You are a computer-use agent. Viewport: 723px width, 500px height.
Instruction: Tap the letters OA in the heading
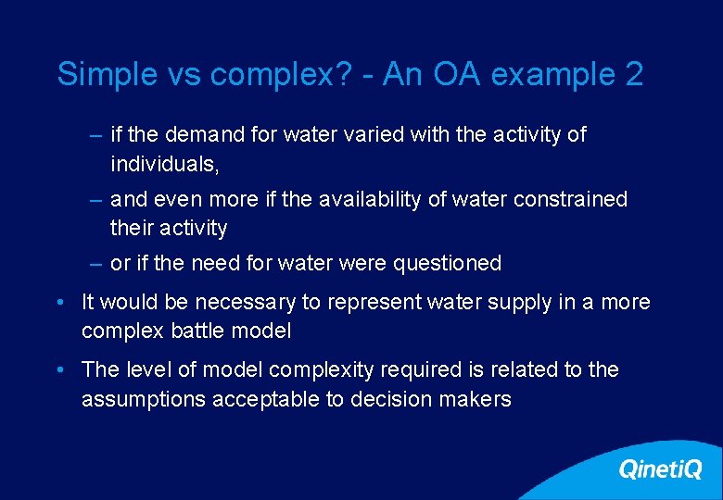coord(456,74)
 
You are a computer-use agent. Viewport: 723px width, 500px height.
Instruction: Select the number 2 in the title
coord(634,74)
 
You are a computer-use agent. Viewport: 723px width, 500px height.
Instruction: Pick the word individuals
coord(167,164)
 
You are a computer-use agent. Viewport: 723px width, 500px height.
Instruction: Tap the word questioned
coord(447,263)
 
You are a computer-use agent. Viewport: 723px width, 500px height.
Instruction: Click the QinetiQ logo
coord(660,469)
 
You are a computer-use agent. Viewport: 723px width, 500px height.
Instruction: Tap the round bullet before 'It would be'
coord(59,302)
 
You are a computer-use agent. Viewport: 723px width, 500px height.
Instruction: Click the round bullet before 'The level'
coord(59,369)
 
